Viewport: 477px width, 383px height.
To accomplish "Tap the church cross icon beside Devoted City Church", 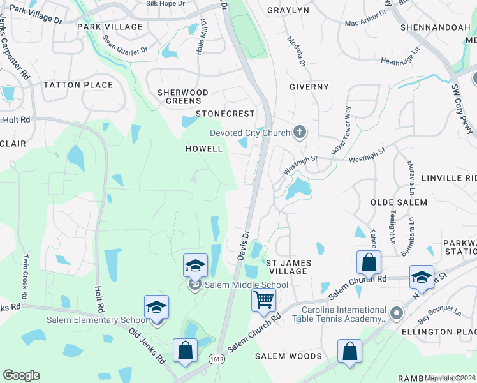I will [x=299, y=133].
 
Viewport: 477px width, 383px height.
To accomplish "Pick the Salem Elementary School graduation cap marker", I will [x=156, y=308].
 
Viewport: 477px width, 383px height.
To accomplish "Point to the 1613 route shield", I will [x=216, y=360].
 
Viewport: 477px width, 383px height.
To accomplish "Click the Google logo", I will [x=21, y=375].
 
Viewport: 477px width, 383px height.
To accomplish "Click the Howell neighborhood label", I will [x=204, y=149].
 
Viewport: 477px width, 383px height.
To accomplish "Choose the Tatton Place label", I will [x=78, y=85].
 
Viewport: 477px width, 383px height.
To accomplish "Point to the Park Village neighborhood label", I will [x=110, y=27].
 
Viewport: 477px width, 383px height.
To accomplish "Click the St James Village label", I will [x=287, y=267].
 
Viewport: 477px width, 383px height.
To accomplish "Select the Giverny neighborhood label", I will [x=309, y=87].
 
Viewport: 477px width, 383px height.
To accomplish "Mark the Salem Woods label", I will [x=289, y=356].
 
